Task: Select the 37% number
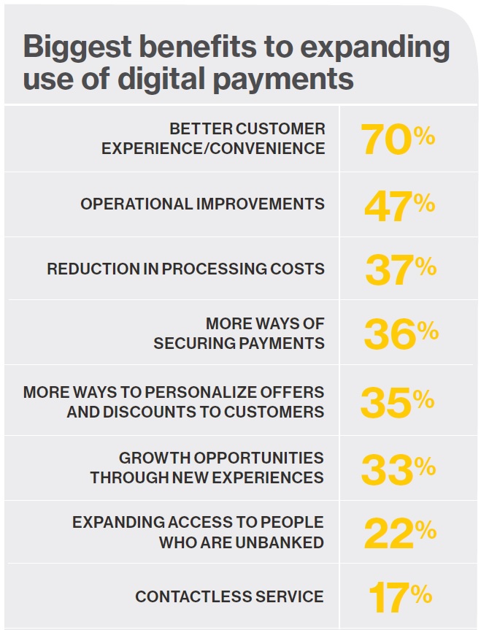(x=400, y=269)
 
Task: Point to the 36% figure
(x=400, y=333)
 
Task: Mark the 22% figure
(x=400, y=533)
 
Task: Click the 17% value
(x=400, y=596)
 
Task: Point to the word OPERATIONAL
(x=136, y=204)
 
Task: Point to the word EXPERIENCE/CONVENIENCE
(x=213, y=148)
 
